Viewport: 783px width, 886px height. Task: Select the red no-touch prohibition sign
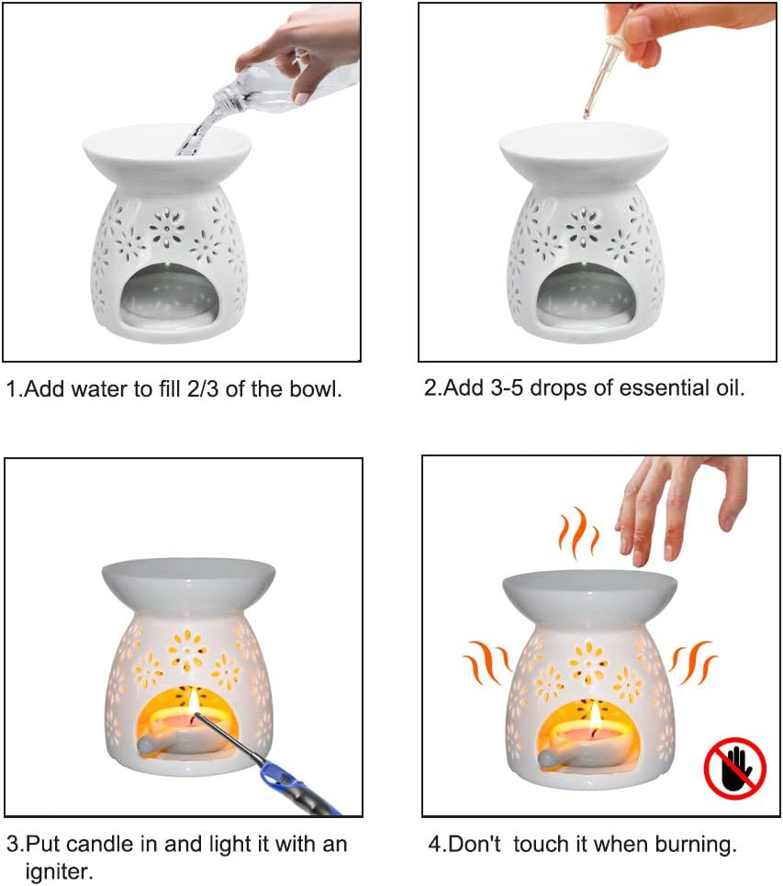tap(734, 768)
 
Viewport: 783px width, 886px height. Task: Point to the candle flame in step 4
tap(595, 716)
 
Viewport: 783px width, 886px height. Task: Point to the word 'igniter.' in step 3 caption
tap(60, 870)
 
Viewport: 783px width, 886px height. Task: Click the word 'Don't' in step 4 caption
tap(474, 844)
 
